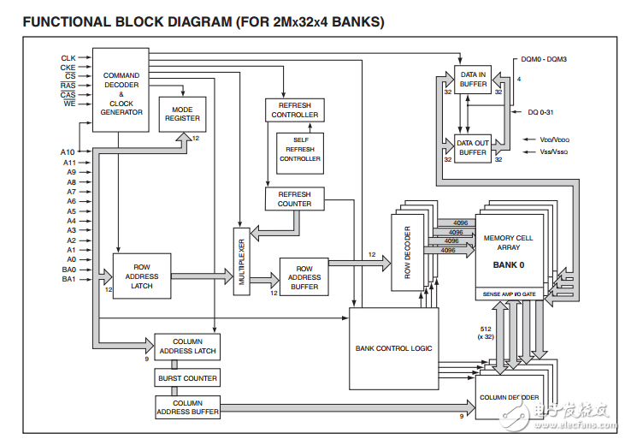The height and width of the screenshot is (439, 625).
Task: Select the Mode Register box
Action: (x=182, y=114)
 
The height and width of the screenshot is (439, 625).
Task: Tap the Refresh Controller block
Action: (x=295, y=110)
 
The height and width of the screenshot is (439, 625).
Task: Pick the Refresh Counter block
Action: (x=295, y=199)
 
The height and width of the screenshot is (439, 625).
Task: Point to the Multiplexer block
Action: (x=242, y=261)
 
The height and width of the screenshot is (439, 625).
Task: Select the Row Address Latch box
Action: (x=142, y=276)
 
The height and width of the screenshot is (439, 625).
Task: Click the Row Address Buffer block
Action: (x=304, y=276)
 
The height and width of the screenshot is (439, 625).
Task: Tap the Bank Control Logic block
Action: (x=393, y=348)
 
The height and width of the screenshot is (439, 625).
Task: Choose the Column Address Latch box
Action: (x=187, y=346)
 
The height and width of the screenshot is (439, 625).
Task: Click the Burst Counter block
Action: (x=187, y=377)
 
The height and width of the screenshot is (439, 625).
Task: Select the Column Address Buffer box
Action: (x=187, y=407)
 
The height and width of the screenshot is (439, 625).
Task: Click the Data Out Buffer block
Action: (x=472, y=147)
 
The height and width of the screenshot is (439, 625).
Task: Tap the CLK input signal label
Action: (x=68, y=58)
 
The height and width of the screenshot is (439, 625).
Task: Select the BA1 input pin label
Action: (x=68, y=278)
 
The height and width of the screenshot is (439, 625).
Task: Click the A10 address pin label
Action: (x=68, y=152)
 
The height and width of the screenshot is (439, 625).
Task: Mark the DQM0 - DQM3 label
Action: (x=545, y=59)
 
